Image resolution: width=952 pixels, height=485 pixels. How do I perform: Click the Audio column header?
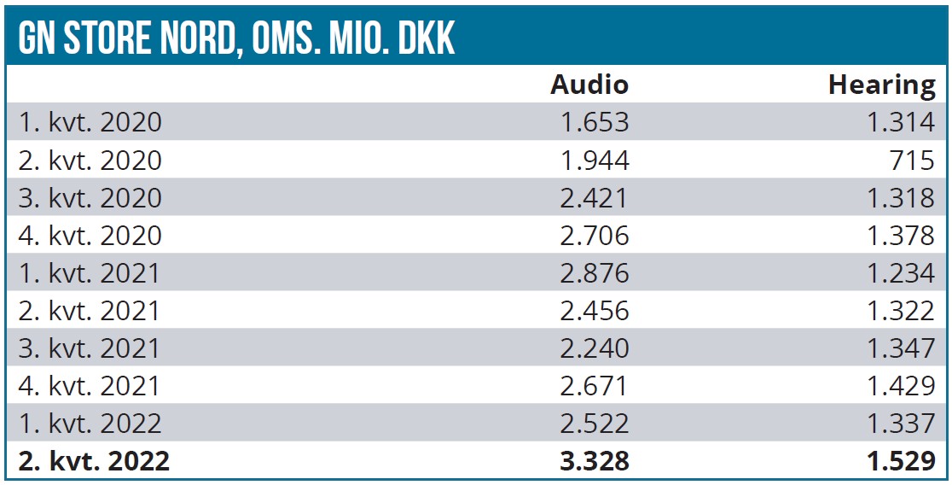pyautogui.click(x=589, y=85)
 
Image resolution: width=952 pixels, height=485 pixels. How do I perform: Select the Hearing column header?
pyautogui.click(x=881, y=85)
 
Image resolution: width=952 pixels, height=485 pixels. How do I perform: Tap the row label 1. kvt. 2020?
pyautogui.click(x=90, y=122)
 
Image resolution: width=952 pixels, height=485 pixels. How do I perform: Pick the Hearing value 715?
pyautogui.click(x=911, y=160)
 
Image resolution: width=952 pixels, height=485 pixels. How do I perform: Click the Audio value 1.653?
pyautogui.click(x=595, y=122)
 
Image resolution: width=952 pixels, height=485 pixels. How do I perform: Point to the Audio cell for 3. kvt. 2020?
pyautogui.click(x=595, y=197)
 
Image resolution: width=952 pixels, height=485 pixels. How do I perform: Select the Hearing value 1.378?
pyautogui.click(x=901, y=235)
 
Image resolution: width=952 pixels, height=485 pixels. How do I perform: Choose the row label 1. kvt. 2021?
pyautogui.click(x=90, y=272)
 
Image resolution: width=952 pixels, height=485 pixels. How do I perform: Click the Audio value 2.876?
pyautogui.click(x=595, y=272)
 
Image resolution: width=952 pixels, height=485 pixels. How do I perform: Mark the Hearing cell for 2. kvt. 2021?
pyautogui.click(x=901, y=310)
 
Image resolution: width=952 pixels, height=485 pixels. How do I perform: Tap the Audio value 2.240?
pyautogui.click(x=595, y=348)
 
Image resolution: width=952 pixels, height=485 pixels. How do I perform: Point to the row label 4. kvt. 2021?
pyautogui.click(x=90, y=385)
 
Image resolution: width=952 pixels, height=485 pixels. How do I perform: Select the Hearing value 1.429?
pyautogui.click(x=901, y=385)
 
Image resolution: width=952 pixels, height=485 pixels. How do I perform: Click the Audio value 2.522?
pyautogui.click(x=595, y=423)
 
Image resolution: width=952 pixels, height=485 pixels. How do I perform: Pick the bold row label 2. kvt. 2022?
pyautogui.click(x=94, y=461)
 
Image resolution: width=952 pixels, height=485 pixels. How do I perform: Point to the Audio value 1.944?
pyautogui.click(x=595, y=160)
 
